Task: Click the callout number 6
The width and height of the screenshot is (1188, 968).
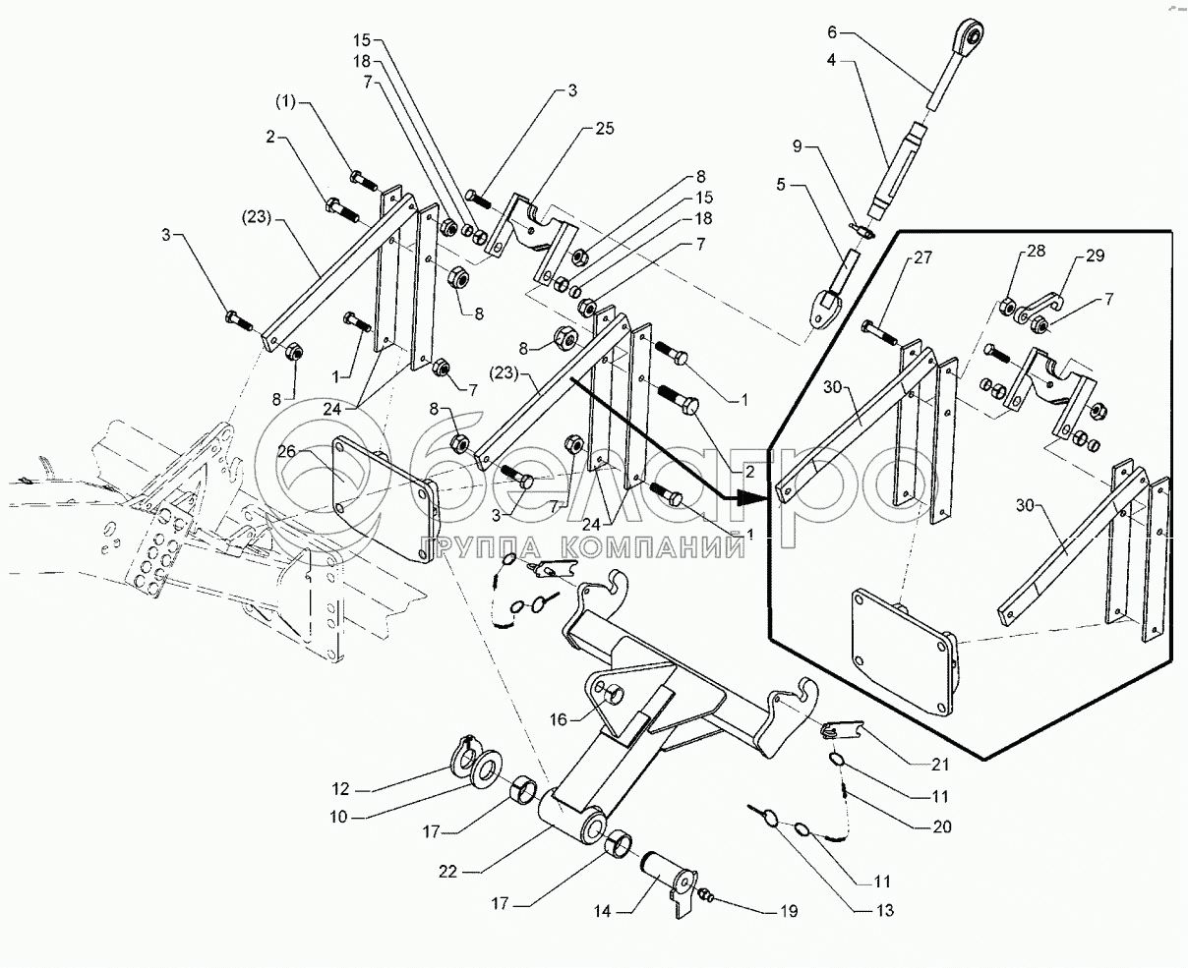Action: tap(831, 32)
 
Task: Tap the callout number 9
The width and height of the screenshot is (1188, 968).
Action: tap(798, 146)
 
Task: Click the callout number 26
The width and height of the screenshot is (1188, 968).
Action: tap(285, 452)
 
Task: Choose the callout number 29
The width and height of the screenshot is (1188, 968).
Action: tap(1095, 256)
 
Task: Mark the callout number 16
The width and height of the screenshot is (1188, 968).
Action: tap(559, 719)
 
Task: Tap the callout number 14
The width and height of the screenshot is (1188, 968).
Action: tap(603, 911)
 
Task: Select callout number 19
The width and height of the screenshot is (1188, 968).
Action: tap(789, 911)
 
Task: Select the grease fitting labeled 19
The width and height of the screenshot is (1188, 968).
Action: tap(704, 895)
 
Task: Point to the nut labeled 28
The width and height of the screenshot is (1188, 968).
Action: tap(1008, 306)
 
